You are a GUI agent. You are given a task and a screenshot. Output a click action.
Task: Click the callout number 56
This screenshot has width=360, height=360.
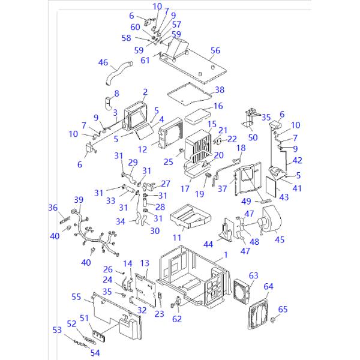point(215,50)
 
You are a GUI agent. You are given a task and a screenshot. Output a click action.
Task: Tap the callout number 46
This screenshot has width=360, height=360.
point(103,62)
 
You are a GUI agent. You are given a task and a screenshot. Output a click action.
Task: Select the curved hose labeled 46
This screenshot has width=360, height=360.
point(119,73)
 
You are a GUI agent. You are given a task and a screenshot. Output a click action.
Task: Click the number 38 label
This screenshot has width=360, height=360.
point(220,90)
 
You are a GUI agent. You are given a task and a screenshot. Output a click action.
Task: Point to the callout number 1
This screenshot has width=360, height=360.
point(226,254)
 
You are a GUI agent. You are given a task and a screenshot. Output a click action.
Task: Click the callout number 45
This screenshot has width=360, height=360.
point(280,239)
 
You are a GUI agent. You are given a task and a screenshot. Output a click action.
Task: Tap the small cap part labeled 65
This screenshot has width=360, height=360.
point(273,319)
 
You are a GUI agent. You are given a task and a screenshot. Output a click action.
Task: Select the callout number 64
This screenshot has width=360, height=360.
point(268,286)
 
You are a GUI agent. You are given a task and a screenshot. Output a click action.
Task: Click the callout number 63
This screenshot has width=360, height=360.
point(253,275)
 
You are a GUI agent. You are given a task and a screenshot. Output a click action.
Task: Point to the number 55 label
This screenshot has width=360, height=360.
point(76,296)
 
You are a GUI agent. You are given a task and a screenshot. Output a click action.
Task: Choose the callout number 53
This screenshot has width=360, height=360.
point(57,330)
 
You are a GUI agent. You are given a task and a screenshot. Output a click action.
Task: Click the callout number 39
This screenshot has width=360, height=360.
point(79,200)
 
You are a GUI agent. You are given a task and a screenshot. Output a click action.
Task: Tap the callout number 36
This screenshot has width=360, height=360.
point(53,208)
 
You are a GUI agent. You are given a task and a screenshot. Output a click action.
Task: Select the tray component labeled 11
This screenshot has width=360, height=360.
point(191,217)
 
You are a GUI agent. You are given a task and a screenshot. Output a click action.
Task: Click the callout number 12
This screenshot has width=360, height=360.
point(142,149)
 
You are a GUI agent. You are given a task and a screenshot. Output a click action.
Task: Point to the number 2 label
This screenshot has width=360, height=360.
point(145,92)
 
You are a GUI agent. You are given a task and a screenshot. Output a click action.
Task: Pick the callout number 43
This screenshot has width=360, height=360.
point(284,197)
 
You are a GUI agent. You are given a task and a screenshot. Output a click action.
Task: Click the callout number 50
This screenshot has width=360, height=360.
point(253,137)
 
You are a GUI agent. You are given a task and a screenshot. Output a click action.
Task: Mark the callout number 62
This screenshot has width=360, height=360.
point(177,319)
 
